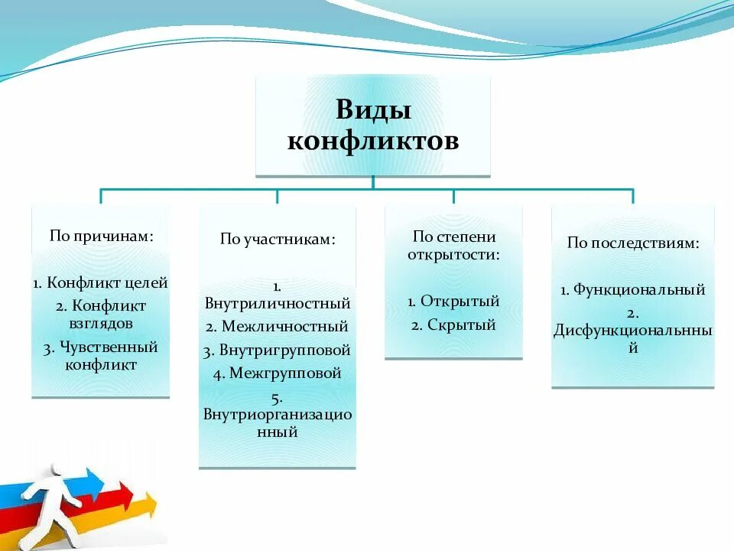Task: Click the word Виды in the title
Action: tap(373, 110)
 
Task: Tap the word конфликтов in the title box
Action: tap(373, 142)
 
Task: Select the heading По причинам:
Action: tap(102, 236)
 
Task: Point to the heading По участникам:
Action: tap(278, 240)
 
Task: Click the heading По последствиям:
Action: tap(633, 243)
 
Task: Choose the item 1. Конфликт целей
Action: tap(100, 282)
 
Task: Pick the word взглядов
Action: tap(100, 323)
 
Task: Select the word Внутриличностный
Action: tap(278, 303)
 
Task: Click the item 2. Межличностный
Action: tap(278, 327)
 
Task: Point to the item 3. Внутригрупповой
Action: tap(278, 350)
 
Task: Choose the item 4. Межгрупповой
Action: tap(278, 374)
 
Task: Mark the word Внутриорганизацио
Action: tap(278, 415)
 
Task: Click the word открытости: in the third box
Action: tap(454, 254)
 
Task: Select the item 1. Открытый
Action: tap(454, 301)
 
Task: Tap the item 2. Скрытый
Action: tap(454, 325)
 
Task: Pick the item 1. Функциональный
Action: tap(633, 290)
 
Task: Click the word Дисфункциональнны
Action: tap(633, 331)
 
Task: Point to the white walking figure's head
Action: tap(56, 469)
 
